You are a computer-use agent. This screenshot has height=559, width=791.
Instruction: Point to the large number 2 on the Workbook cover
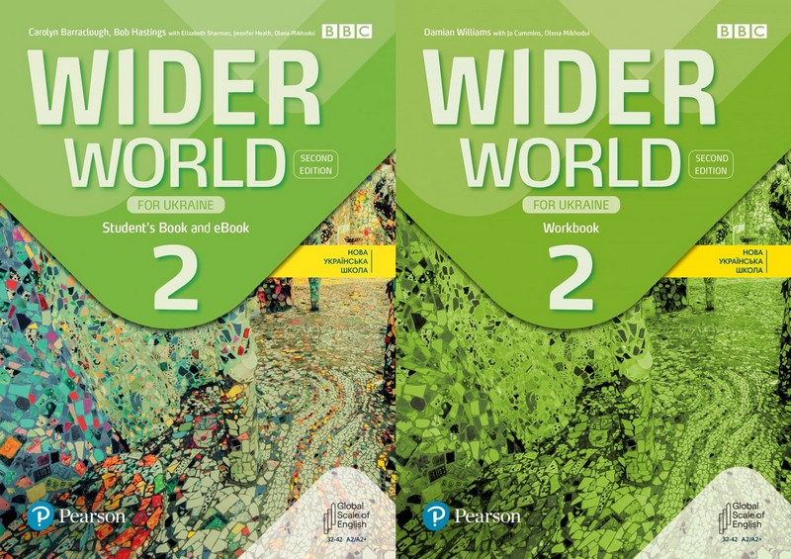[x=567, y=272]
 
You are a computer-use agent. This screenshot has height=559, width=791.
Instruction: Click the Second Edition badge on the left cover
[x=318, y=164]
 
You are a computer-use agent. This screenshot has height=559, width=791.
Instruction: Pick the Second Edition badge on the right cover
[x=711, y=164]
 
